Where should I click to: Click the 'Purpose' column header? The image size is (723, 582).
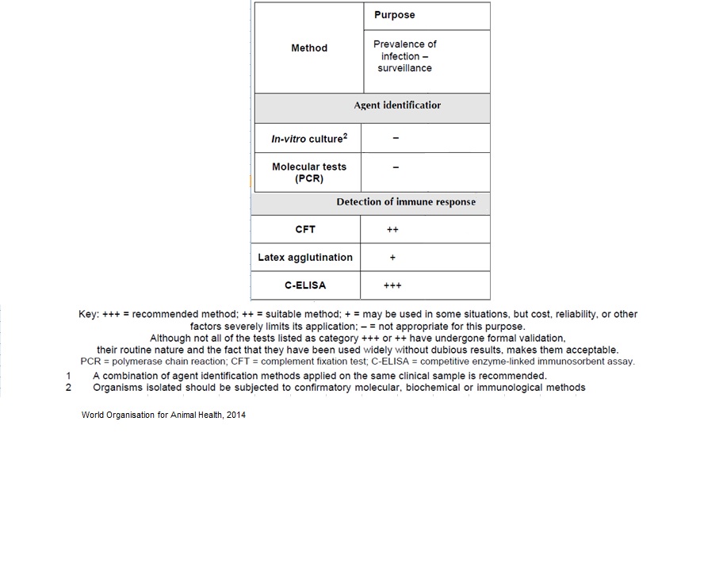click(394, 15)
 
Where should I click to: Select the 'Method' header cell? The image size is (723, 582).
click(309, 48)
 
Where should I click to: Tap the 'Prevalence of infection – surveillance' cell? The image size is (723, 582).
click(404, 56)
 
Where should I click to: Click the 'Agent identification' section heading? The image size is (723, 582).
click(397, 105)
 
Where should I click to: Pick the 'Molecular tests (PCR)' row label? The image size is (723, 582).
click(309, 173)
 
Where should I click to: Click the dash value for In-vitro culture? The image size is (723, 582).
click(396, 139)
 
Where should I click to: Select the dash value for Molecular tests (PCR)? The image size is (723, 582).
click(396, 167)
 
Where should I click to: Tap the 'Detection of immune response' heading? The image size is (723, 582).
click(406, 202)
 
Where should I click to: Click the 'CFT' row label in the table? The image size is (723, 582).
click(305, 229)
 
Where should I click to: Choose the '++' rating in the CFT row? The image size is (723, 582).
click(392, 230)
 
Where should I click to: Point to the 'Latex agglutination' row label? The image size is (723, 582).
click(305, 258)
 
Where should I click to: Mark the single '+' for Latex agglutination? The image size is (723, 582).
click(392, 258)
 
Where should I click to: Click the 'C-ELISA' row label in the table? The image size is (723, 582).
click(305, 285)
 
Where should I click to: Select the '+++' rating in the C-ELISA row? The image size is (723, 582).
click(392, 286)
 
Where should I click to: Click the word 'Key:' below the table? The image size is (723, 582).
click(89, 315)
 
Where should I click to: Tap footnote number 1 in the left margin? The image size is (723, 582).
click(69, 376)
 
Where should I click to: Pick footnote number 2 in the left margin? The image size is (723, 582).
click(69, 388)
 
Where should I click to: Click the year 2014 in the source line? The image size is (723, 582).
click(235, 415)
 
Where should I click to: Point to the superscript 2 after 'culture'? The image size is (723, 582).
click(345, 136)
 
